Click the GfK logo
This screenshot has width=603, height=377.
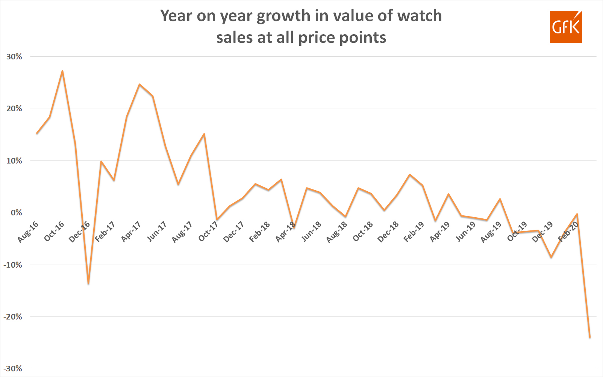pos(565,27)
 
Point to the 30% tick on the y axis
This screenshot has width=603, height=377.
pos(14,57)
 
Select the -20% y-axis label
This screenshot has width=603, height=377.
pos(13,317)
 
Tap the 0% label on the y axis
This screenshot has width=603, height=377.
pos(16,213)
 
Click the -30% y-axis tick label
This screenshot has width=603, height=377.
pos(13,369)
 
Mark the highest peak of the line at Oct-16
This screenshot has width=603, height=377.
pos(62,71)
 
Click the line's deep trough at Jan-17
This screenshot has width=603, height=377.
pos(88,284)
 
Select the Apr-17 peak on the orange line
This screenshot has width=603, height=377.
pos(139,84)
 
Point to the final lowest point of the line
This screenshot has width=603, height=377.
pos(590,337)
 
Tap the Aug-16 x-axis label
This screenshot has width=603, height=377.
pos(28,232)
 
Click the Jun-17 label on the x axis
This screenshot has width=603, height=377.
pos(157,232)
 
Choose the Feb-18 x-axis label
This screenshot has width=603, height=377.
pos(259,232)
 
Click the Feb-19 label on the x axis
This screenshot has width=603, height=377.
pos(414,232)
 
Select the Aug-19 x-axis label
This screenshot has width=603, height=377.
pos(491,232)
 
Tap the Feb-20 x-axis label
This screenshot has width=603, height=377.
pos(568,232)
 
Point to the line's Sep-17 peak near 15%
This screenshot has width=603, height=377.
pos(204,134)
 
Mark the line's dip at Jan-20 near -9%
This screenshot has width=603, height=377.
pos(551,257)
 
